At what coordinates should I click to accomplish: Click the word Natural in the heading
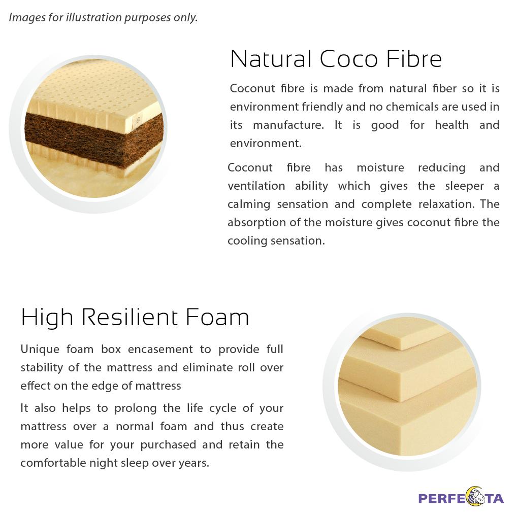pyautogui.click(x=271, y=59)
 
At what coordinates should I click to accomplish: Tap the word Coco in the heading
pyautogui.click(x=349, y=59)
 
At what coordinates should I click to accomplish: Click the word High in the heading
pyautogui.click(x=47, y=318)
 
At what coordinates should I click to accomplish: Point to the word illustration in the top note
pyautogui.click(x=94, y=17)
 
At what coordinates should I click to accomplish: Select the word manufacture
pyautogui.click(x=288, y=125)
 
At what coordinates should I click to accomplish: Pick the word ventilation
pyautogui.click(x=256, y=186)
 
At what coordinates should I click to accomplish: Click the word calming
pyautogui.click(x=249, y=204)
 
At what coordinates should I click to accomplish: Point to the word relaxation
pyautogui.click(x=446, y=204)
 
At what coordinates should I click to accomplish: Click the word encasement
pyautogui.click(x=160, y=350)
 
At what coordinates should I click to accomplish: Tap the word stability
pyautogui.click(x=42, y=368)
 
